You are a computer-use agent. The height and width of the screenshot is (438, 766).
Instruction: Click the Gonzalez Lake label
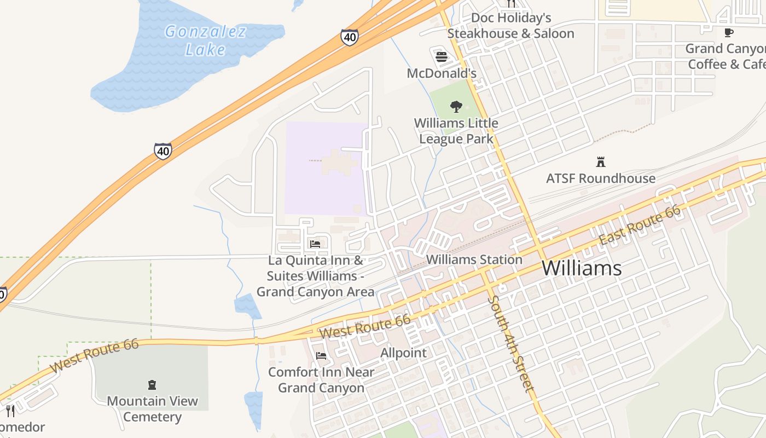pyautogui.click(x=205, y=41)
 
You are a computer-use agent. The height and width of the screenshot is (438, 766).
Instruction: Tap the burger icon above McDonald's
pyautogui.click(x=442, y=57)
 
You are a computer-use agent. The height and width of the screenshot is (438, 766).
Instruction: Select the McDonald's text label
pyautogui.click(x=442, y=73)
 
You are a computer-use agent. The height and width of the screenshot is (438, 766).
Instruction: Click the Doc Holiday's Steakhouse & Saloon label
pyautogui.click(x=510, y=26)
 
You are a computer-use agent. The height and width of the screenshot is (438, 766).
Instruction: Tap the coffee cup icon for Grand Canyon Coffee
pyautogui.click(x=728, y=33)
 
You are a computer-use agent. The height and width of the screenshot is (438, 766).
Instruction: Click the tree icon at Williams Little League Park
pyautogui.click(x=456, y=107)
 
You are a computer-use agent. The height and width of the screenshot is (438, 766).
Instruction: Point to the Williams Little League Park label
pyautogui.click(x=456, y=131)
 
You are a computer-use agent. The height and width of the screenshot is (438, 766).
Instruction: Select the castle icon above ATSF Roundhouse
pyautogui.click(x=600, y=162)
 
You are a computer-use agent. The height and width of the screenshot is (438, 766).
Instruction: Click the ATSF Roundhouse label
pyautogui.click(x=600, y=178)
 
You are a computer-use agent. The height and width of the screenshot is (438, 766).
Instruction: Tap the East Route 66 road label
pyautogui.click(x=640, y=225)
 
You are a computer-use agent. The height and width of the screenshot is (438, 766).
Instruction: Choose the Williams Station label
pyautogui.click(x=474, y=260)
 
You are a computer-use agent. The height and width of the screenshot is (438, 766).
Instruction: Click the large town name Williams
pyautogui.click(x=582, y=268)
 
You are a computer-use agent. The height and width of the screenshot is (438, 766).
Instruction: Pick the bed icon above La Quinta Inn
pyautogui.click(x=315, y=244)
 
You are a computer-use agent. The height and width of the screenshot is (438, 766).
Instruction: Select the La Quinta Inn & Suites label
pyautogui.click(x=316, y=276)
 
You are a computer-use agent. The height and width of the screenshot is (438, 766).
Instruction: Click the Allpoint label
pyautogui.click(x=403, y=353)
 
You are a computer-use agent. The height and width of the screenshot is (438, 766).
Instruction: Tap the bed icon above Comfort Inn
pyautogui.click(x=321, y=356)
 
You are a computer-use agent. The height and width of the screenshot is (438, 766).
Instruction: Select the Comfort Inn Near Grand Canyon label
pyautogui.click(x=321, y=380)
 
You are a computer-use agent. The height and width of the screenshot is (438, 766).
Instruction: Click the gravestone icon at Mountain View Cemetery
pyautogui.click(x=152, y=385)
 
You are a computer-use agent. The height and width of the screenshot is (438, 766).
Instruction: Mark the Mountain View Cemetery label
pyautogui.click(x=152, y=409)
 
